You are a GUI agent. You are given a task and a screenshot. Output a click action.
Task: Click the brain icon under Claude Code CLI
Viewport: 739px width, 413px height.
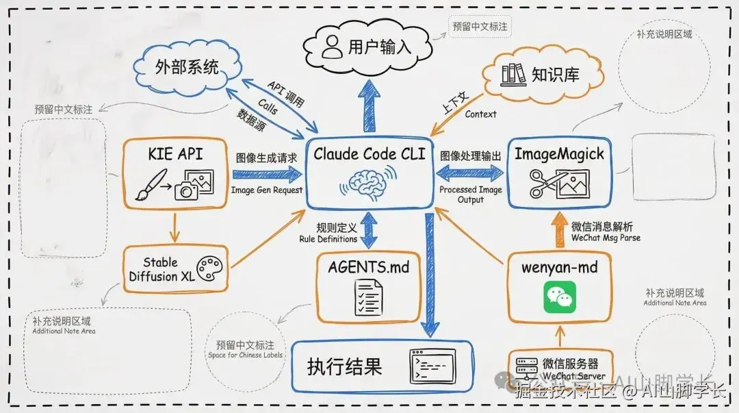click(369, 184)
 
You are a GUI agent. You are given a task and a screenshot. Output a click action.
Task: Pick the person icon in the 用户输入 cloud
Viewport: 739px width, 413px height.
click(333, 47)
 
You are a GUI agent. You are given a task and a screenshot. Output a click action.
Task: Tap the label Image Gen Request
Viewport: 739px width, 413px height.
click(267, 190)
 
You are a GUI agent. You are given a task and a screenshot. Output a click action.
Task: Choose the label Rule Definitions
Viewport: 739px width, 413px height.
click(328, 239)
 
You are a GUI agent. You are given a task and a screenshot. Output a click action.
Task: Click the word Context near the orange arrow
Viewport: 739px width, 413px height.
click(480, 114)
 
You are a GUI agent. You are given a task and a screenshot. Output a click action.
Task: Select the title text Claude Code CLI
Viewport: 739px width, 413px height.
click(369, 154)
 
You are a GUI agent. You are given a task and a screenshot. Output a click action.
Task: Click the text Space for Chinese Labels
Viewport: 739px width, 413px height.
click(245, 355)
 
